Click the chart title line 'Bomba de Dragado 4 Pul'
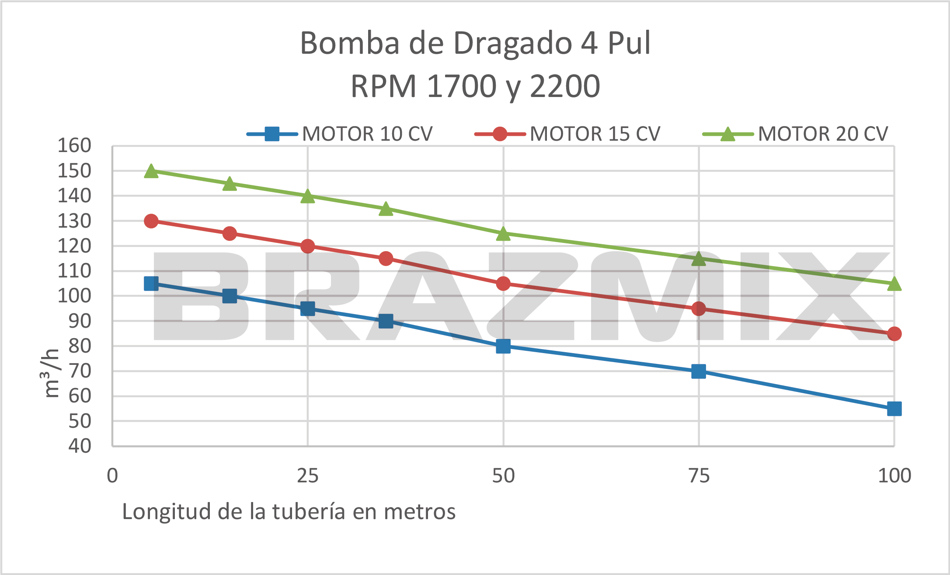click(x=475, y=43)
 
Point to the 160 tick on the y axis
click(x=74, y=145)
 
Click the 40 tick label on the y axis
click(x=80, y=446)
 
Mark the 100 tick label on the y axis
click(x=74, y=296)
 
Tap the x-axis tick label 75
click(x=699, y=476)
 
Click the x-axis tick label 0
click(x=112, y=476)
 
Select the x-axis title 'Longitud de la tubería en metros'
click(x=289, y=511)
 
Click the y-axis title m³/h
click(x=51, y=373)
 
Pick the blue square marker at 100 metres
click(x=894, y=409)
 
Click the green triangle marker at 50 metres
click(x=503, y=234)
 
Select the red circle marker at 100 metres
click(x=894, y=334)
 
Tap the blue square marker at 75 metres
click(x=699, y=371)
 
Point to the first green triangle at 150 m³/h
click(x=151, y=171)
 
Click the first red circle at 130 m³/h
click(x=151, y=221)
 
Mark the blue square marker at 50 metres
click(x=503, y=346)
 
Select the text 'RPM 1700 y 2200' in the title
click(x=475, y=86)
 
